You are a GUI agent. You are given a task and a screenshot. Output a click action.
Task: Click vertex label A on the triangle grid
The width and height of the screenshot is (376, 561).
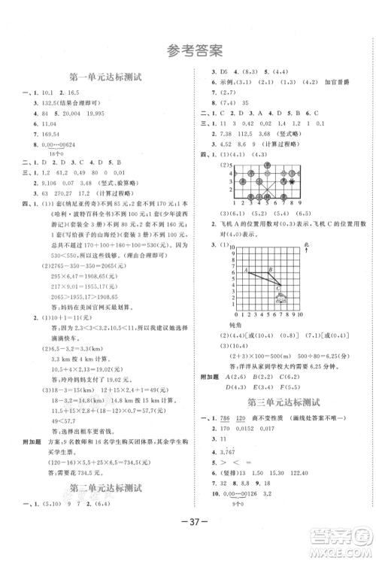(x=245, y=268)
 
